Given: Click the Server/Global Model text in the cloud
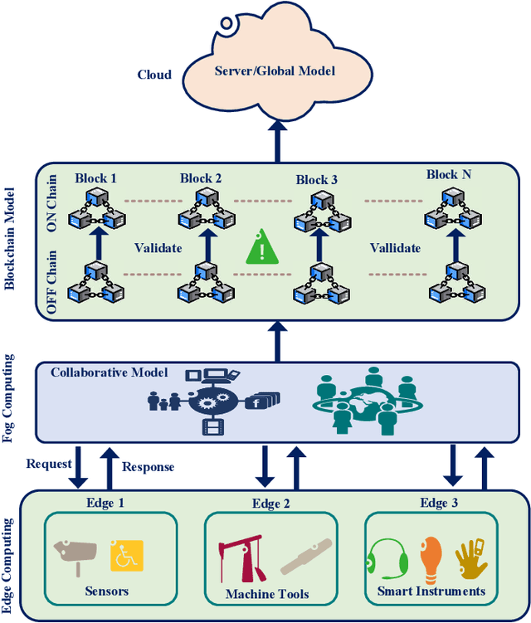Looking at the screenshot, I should coord(275,71).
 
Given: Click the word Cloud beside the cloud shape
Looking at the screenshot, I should coord(154,75).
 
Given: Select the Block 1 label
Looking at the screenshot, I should coord(96,178).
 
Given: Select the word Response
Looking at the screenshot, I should coord(149,466).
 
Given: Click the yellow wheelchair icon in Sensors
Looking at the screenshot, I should coord(127,557).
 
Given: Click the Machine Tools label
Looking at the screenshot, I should coord(267,594).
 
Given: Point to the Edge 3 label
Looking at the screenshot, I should coord(440,503).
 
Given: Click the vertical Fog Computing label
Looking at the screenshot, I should coord(10,397).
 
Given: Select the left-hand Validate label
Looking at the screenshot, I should coord(158,247).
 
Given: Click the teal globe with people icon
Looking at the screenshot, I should coord(363,401).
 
